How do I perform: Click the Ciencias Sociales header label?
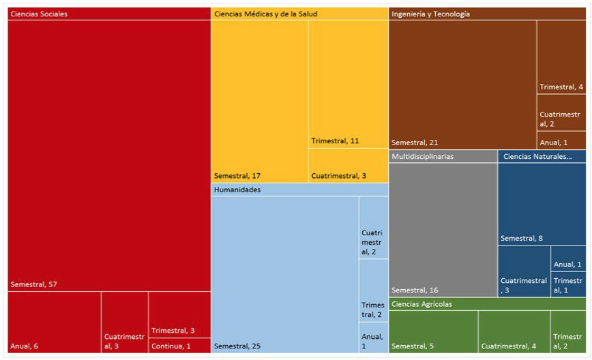[39, 14]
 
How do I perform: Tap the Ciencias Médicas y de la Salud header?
[265, 14]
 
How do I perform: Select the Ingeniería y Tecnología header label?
[430, 14]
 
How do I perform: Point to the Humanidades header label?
[237, 190]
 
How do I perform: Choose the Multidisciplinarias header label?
[423, 156]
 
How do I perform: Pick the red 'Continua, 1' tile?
[179, 346]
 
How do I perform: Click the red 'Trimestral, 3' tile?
[179, 324]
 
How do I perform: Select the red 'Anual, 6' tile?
[55, 322]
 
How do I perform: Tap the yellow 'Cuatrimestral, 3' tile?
[348, 166]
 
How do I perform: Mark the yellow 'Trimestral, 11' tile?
[348, 83]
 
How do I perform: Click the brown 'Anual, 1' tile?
[561, 140]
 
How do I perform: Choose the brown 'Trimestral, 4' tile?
[561, 58]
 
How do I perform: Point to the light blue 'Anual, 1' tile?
[373, 337]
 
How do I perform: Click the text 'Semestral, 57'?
[33, 284]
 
